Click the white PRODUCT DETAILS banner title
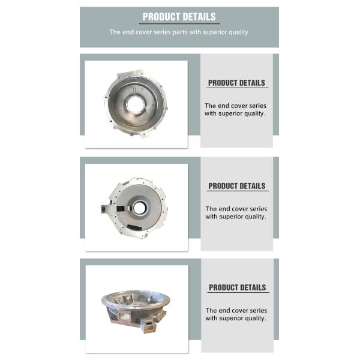point(179,17)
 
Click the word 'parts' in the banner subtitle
point(180,32)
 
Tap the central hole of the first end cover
point(135,104)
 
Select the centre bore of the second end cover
point(139,208)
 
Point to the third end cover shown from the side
point(136,310)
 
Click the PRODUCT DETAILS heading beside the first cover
point(236,83)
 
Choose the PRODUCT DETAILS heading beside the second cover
point(237,186)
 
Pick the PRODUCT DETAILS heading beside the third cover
point(237,287)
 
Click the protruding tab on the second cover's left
point(106,209)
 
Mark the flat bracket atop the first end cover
point(130,74)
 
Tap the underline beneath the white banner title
point(179,23)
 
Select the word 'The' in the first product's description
point(210,106)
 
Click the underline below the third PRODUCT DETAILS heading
point(238,292)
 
